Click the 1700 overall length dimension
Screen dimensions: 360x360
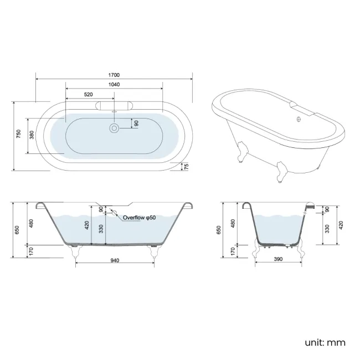(x=114, y=75)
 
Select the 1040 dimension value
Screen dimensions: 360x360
(x=114, y=85)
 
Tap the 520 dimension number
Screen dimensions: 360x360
(x=89, y=95)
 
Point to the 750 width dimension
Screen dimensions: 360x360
(x=18, y=135)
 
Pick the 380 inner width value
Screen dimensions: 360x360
(x=32, y=135)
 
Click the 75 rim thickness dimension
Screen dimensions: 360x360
(x=186, y=166)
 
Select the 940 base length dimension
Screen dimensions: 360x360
(x=115, y=260)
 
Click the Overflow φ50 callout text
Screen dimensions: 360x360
(x=140, y=218)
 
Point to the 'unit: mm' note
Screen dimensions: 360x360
(x=325, y=343)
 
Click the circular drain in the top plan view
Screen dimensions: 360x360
(x=114, y=128)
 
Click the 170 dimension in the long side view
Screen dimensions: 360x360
(x=32, y=251)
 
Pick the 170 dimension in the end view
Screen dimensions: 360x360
(x=233, y=251)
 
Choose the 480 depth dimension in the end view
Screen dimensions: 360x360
(x=233, y=223)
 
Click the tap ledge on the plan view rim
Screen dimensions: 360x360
(x=114, y=105)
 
